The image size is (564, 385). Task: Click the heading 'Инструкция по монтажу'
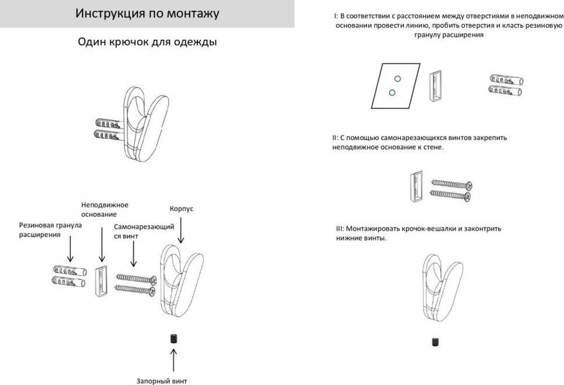(x=147, y=14)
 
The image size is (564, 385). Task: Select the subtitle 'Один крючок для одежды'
(x=147, y=43)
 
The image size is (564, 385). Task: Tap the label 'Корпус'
(x=182, y=208)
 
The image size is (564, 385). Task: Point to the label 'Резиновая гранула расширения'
(x=50, y=230)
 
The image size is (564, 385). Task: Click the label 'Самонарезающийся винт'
(x=143, y=231)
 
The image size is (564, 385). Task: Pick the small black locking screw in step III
(x=435, y=341)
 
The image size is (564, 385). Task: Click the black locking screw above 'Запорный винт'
(x=174, y=338)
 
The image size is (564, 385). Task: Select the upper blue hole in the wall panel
(x=398, y=78)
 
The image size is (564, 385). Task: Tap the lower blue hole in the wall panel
(x=392, y=92)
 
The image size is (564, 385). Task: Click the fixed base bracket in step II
(x=415, y=187)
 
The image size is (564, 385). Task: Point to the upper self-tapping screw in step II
(x=451, y=183)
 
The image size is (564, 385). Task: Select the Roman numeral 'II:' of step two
(x=335, y=137)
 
